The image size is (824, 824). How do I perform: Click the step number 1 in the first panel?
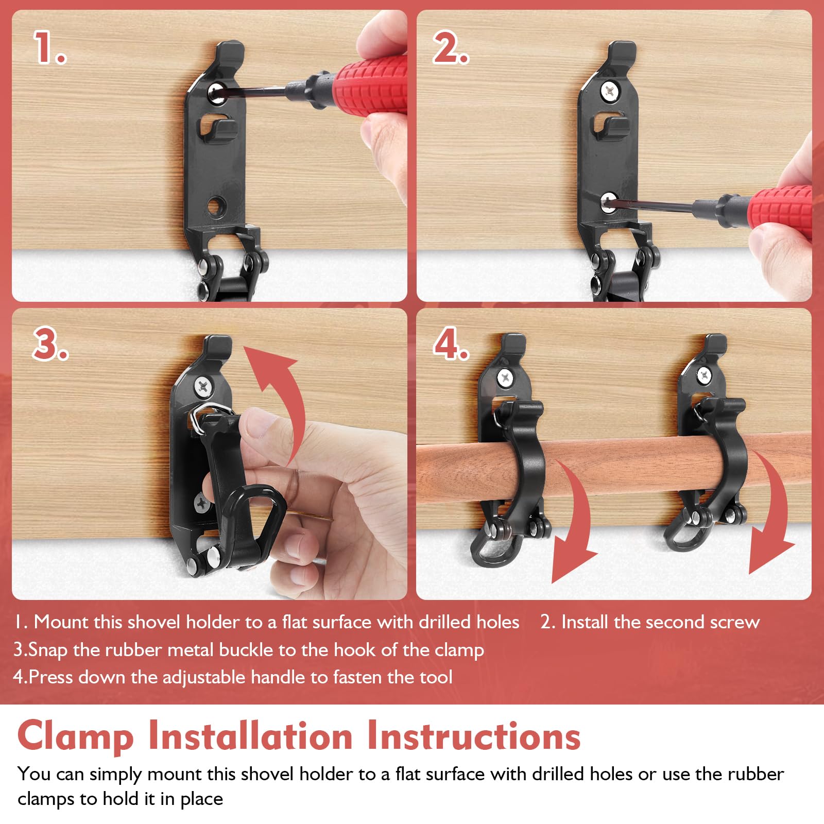[x=49, y=47]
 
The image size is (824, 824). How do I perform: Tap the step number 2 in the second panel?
[x=451, y=47]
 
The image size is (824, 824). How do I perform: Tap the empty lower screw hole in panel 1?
[x=213, y=207]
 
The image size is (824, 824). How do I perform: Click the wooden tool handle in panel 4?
[x=618, y=466]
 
